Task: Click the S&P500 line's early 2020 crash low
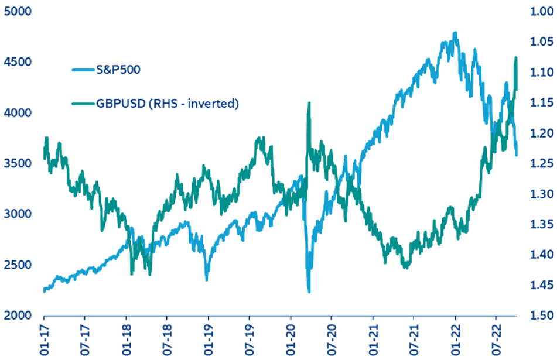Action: (x=308, y=291)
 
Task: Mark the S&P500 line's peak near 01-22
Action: (x=455, y=33)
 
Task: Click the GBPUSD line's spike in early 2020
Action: (x=309, y=103)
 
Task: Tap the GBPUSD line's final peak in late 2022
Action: (x=516, y=57)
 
